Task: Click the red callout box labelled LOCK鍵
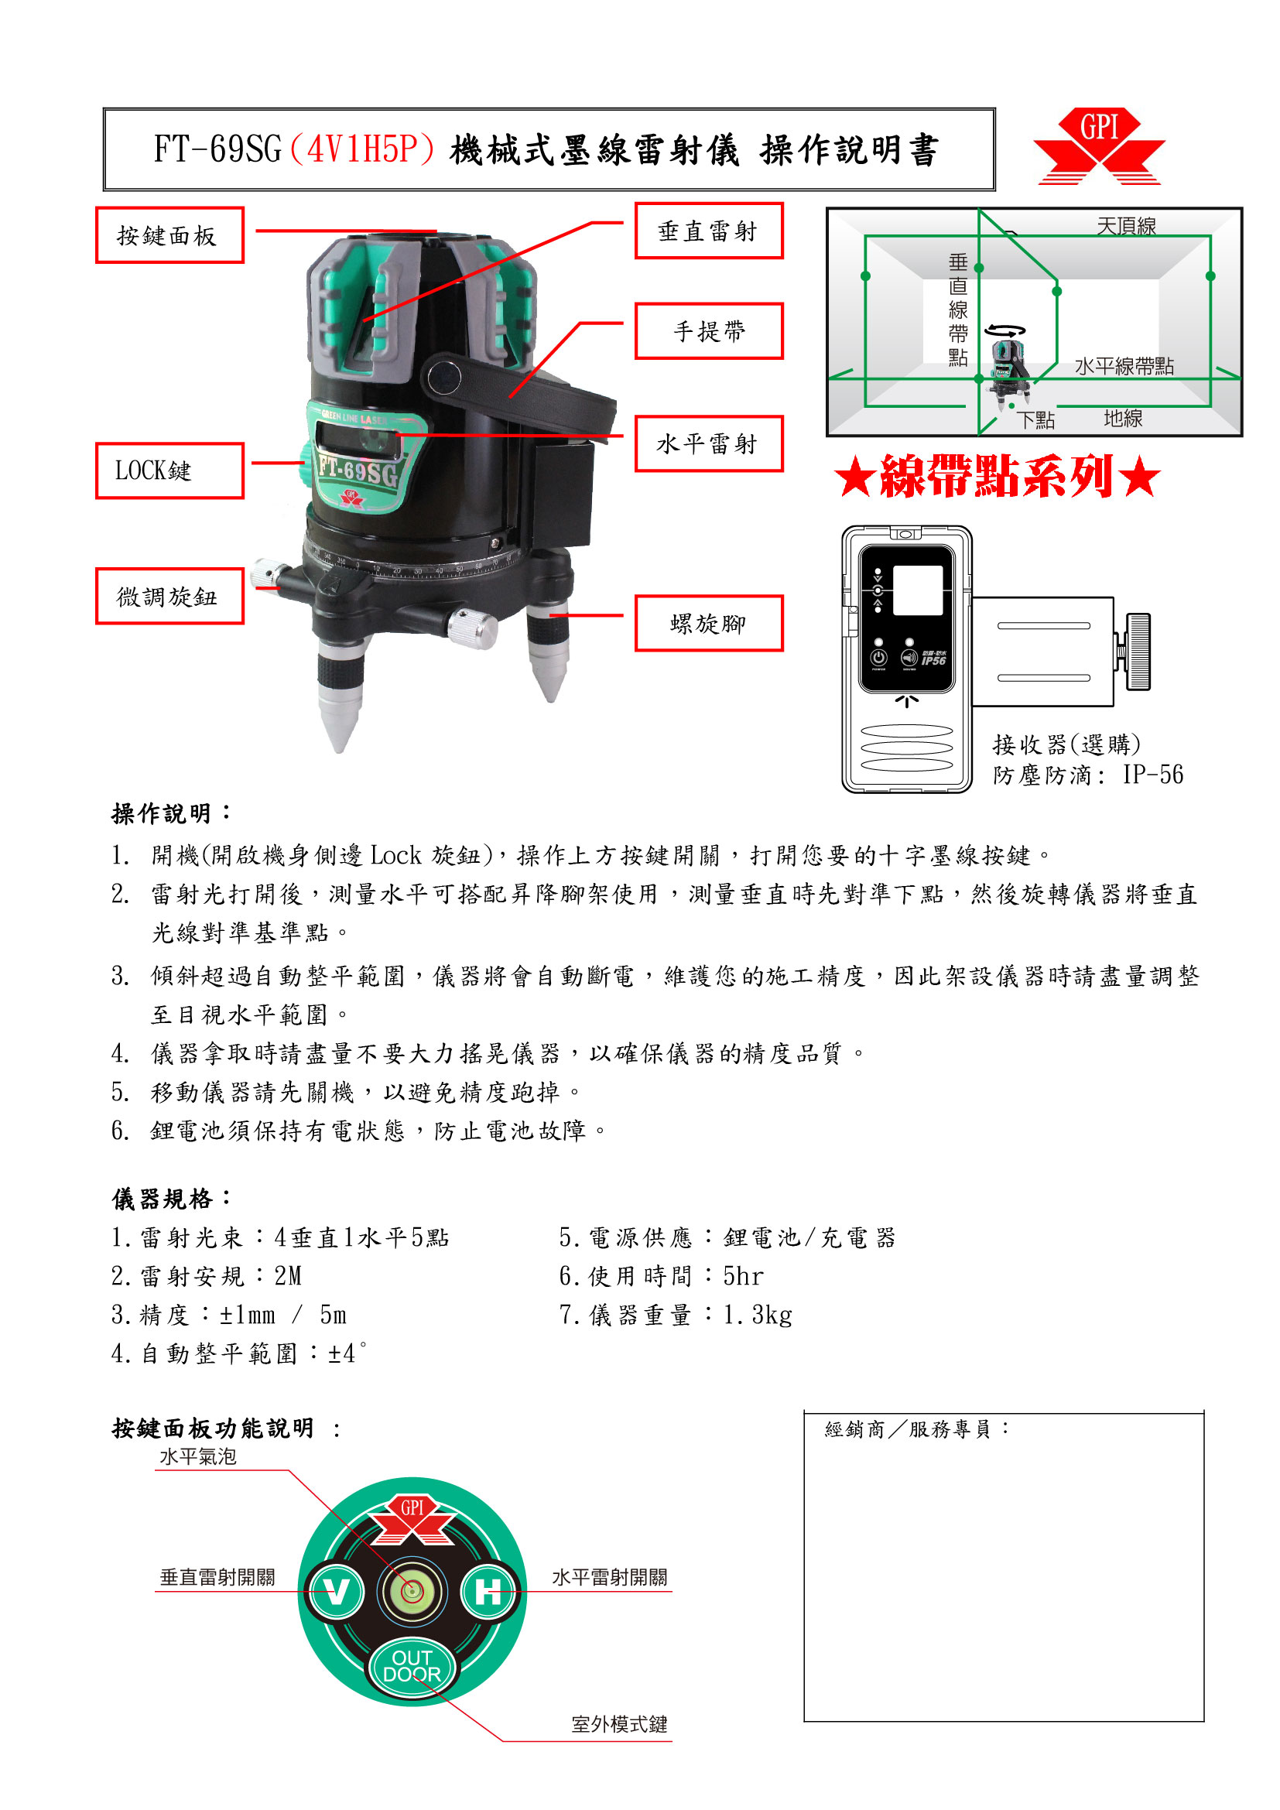pyautogui.click(x=169, y=470)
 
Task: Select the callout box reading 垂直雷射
pyautogui.click(x=709, y=230)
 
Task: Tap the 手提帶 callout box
pyautogui.click(x=709, y=331)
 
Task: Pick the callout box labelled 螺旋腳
pyautogui.click(x=709, y=624)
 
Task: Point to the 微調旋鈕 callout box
pyautogui.click(x=169, y=596)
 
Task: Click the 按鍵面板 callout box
pyautogui.click(x=169, y=235)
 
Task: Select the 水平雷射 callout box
pyautogui.click(x=709, y=444)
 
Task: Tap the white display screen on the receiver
pyautogui.click(x=918, y=590)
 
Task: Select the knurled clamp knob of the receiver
pyautogui.click(x=1138, y=651)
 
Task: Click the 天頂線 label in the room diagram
pyautogui.click(x=1126, y=226)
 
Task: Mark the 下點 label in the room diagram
pyautogui.click(x=1035, y=419)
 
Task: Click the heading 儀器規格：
pyautogui.click(x=173, y=1199)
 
